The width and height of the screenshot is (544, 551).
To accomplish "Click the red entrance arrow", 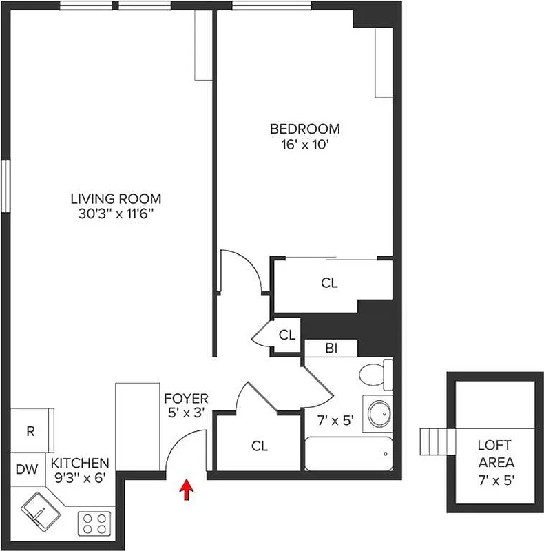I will pos(185,489).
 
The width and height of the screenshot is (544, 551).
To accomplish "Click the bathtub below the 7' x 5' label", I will pos(348,455).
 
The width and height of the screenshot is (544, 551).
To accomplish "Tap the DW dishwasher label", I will pos(26,470).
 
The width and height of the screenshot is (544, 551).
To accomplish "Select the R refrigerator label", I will pos(31,432).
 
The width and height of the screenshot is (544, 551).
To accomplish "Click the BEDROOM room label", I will pos(304,129).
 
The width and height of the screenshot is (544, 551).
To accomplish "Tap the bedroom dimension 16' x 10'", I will pos(304,145).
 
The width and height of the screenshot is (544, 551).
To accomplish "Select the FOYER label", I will pos(186,398).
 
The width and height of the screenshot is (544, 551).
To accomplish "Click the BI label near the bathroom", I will pos(331,349).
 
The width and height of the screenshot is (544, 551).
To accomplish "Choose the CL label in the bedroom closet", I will pos(330,283).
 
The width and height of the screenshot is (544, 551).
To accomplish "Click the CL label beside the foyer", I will pos(259,446).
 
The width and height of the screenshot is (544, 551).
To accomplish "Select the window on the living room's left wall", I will pos(6,186).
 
